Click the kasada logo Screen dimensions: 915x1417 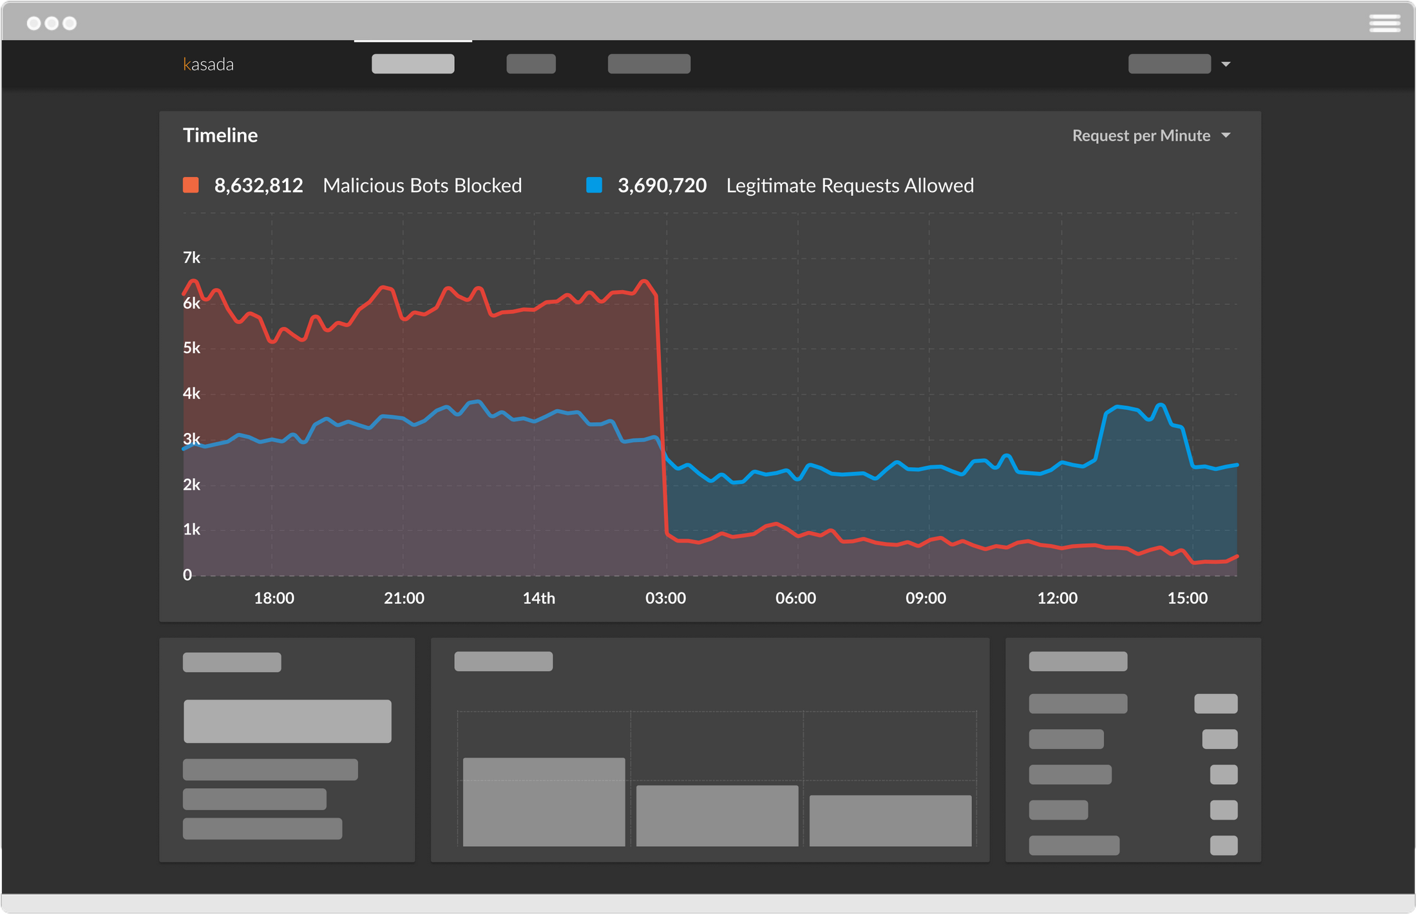pyautogui.click(x=208, y=64)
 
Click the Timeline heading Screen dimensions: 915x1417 pyautogui.click(x=220, y=135)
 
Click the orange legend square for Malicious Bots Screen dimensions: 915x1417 pyautogui.click(x=191, y=186)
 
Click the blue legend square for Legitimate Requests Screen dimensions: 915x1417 pyautogui.click(x=594, y=186)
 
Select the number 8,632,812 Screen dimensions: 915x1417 pyautogui.click(x=258, y=186)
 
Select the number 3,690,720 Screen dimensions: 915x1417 pyautogui.click(x=661, y=186)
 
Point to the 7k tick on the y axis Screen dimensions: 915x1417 pyautogui.click(x=191, y=258)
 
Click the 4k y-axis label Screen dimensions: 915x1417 pyautogui.click(x=191, y=394)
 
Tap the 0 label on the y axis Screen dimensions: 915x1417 pyautogui.click(x=187, y=575)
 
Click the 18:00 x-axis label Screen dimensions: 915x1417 pyautogui.click(x=274, y=598)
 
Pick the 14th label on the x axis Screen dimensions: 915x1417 pyautogui.click(x=538, y=598)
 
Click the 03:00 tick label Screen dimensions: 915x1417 pyautogui.click(x=665, y=598)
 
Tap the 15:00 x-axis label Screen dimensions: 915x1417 pyautogui.click(x=1187, y=598)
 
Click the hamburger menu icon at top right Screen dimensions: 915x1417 pyautogui.click(x=1384, y=23)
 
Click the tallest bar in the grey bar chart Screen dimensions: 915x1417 pyautogui.click(x=544, y=802)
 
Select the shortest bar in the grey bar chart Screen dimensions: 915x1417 pyautogui.click(x=890, y=820)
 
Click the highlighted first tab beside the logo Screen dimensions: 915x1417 pyautogui.click(x=413, y=64)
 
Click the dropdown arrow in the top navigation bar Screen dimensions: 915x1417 pyautogui.click(x=1226, y=64)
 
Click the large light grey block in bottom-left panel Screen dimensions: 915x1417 pyautogui.click(x=287, y=721)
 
